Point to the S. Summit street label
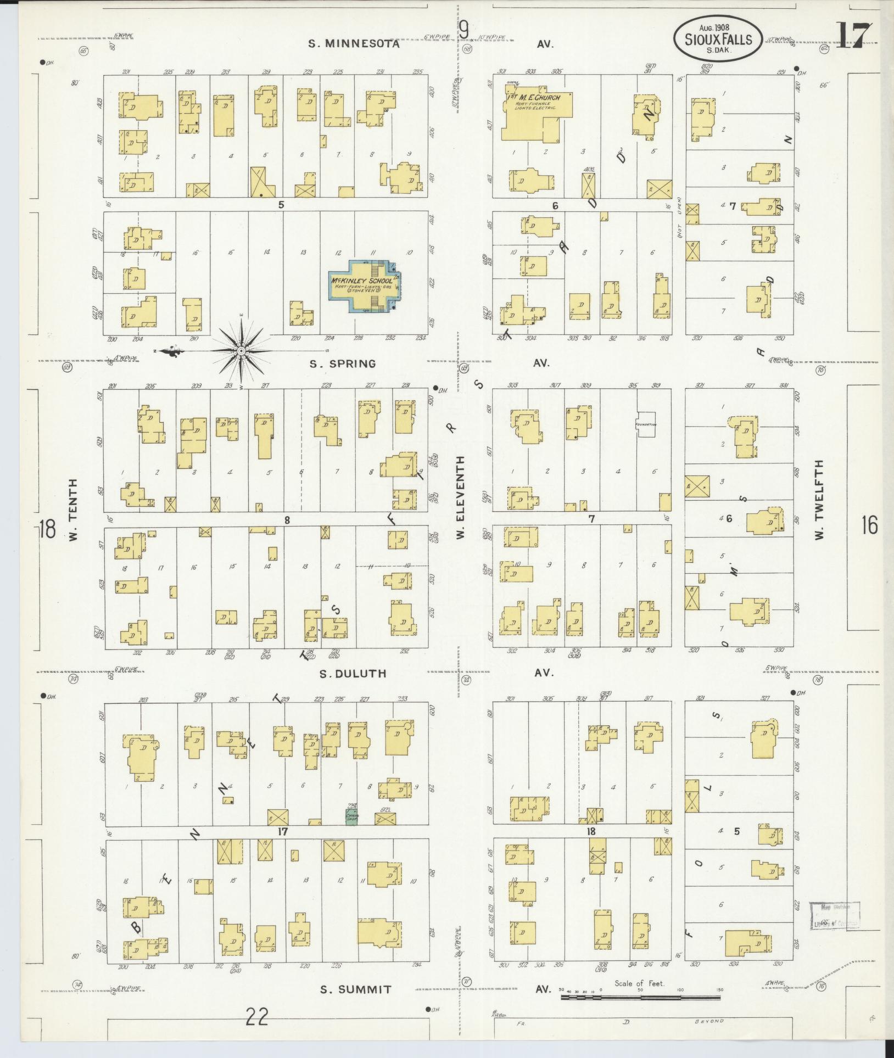356,989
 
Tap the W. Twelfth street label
820,500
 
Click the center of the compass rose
241,351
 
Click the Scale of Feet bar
641,996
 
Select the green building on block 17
352,816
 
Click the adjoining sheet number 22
257,1017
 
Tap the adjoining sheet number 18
47,530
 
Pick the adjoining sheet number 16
869,525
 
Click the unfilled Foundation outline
646,424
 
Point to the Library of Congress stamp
835,915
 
